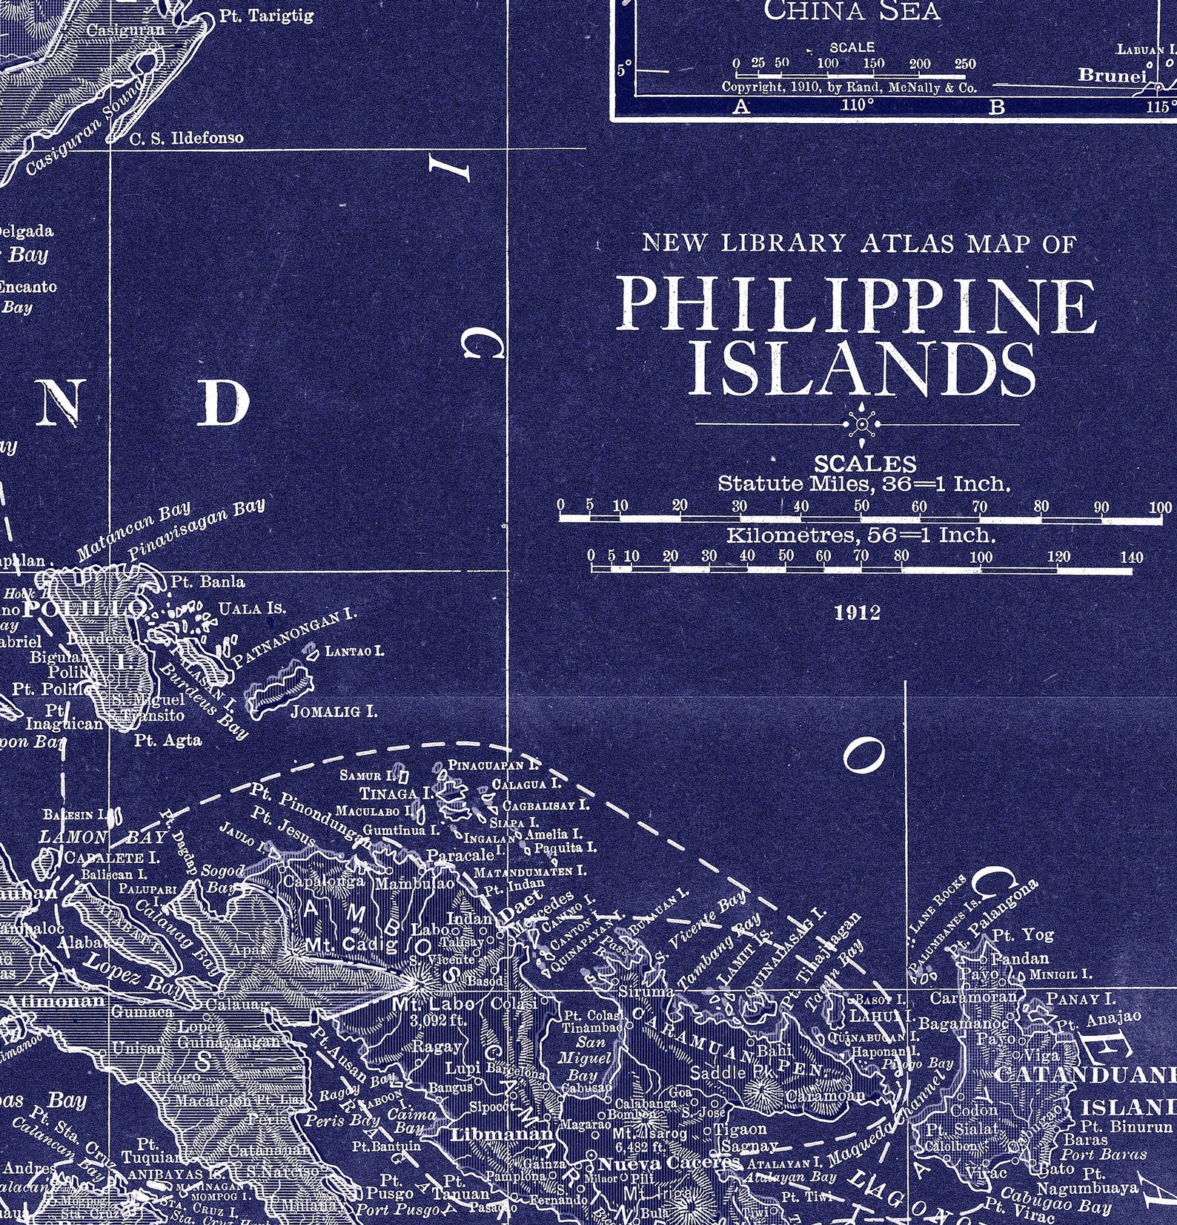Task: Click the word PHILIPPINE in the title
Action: coord(857,305)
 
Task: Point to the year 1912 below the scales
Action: coord(858,612)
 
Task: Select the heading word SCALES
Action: coord(865,464)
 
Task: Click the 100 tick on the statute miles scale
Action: coord(1161,508)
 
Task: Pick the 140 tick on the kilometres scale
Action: coord(1132,557)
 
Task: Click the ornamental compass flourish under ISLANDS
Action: coord(861,424)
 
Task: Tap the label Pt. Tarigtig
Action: coord(266,16)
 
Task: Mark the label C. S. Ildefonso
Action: coord(186,138)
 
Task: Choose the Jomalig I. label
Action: coord(334,712)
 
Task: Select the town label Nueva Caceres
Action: coord(669,1163)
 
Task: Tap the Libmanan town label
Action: coord(502,1135)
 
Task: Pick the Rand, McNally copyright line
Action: coord(849,86)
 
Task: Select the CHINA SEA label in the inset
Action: coord(852,10)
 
